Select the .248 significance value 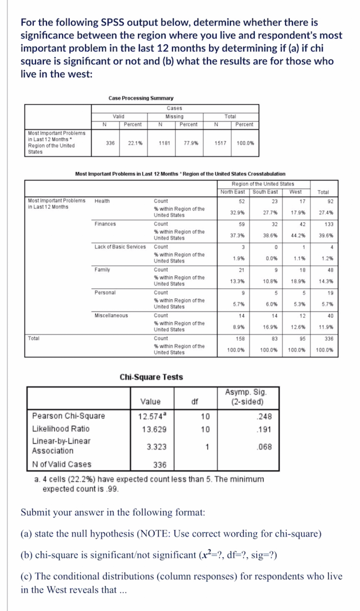click(264, 416)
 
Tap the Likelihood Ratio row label click(61, 429)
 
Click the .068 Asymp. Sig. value click(264, 447)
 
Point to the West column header click(295, 192)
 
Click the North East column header click(233, 192)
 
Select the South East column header click(265, 192)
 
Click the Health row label click(102, 201)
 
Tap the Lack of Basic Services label click(120, 247)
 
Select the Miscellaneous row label click(111, 315)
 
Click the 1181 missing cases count click(164, 143)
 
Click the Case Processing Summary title click(141, 98)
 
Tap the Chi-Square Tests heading click(151, 377)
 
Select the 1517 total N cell click(220, 143)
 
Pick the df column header click(195, 402)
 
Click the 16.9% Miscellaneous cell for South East click(270, 327)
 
